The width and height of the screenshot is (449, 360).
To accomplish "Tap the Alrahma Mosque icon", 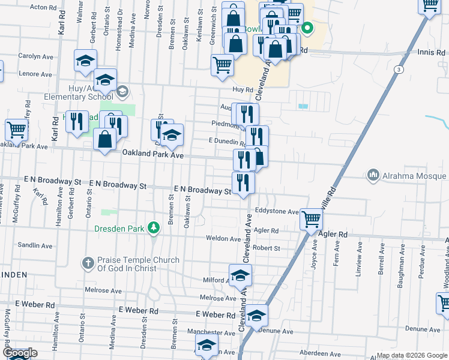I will point(373,175).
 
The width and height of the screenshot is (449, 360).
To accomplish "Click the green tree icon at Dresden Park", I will point(154,228).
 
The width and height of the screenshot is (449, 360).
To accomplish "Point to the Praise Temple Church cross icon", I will point(88,263).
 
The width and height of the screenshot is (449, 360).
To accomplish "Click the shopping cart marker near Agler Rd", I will point(311,220).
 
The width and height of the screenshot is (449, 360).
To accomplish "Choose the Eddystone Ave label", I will point(276,212).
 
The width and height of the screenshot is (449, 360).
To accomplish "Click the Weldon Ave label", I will point(223,238).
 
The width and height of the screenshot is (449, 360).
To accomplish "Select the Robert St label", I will point(266,248).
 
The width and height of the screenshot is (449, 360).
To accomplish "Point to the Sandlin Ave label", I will point(35,245).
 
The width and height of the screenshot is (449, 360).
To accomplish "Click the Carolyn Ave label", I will point(36,56).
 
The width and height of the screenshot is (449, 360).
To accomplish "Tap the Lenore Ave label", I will point(35,74).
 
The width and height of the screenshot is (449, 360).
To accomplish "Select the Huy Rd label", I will point(240,89).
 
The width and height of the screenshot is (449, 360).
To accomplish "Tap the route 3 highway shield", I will point(398,70).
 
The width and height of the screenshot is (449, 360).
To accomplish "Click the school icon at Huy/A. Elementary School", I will point(122,92).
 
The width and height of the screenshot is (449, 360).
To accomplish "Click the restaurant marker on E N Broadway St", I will point(243,182).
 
